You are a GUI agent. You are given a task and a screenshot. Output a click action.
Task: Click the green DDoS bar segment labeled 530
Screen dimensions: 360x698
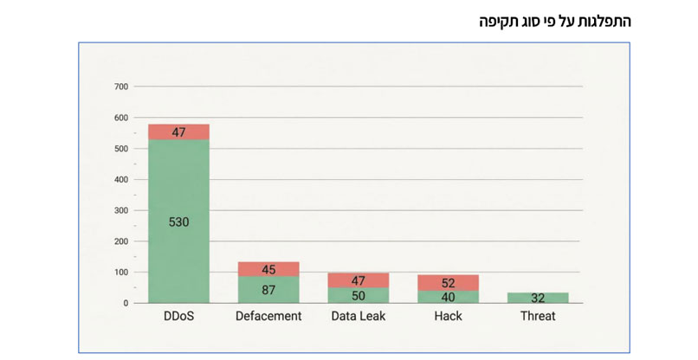tap(178, 222)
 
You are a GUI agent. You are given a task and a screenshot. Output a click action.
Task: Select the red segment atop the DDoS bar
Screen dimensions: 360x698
tap(178, 132)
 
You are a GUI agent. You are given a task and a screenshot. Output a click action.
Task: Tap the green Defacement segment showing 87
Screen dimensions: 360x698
tap(268, 290)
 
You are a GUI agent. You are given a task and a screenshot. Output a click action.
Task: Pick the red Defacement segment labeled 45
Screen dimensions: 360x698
tap(268, 269)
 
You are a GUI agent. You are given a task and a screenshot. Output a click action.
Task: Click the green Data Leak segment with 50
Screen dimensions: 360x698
tap(359, 295)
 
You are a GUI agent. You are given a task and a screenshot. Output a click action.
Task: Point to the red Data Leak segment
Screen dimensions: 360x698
tap(359, 280)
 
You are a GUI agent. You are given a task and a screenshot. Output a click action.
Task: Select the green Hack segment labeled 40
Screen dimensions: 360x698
tap(448, 297)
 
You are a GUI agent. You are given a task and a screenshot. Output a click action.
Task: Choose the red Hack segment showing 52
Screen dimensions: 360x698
tap(448, 283)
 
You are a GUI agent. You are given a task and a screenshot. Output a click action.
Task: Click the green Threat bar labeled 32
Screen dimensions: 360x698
tap(538, 298)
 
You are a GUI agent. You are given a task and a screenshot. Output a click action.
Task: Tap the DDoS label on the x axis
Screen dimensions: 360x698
tap(178, 317)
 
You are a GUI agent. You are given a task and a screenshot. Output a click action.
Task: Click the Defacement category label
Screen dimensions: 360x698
tap(268, 317)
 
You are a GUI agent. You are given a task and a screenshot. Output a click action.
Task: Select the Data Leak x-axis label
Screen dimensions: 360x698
tap(359, 317)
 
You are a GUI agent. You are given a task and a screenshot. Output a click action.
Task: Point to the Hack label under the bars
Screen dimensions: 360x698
tap(448, 317)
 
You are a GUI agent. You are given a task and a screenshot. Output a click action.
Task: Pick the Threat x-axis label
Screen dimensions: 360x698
tap(538, 317)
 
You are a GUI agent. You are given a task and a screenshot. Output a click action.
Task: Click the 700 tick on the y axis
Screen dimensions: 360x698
tap(121, 87)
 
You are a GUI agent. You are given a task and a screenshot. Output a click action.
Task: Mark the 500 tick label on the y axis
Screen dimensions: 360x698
tap(121, 149)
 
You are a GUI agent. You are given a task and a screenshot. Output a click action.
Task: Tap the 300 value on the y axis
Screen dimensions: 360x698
tap(121, 210)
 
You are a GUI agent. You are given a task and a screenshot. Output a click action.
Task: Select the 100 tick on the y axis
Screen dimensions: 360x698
tap(121, 273)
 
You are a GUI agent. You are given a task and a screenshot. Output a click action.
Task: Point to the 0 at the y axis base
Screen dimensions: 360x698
tap(126, 304)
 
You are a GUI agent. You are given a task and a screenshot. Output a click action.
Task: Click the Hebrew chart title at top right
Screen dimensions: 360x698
tap(555, 21)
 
